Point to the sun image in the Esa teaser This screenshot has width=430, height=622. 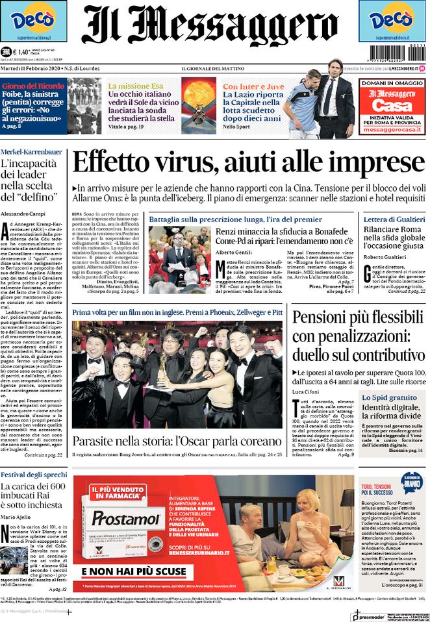tap(198, 97)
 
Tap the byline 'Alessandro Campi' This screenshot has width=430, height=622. tap(22, 213)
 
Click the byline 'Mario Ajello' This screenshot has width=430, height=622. tap(16, 517)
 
